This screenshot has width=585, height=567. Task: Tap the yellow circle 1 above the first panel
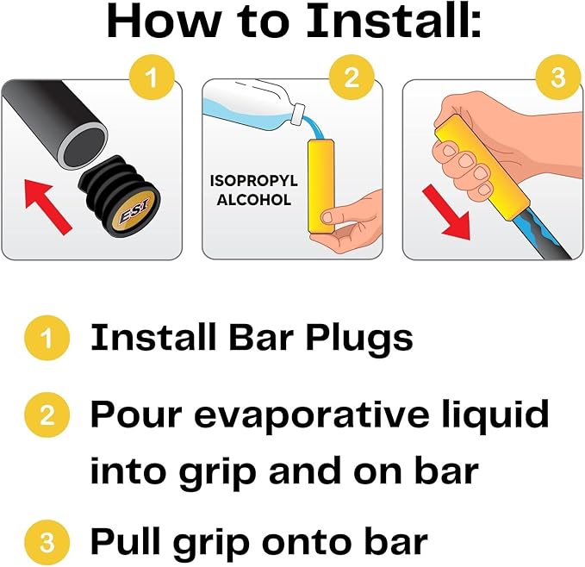click(152, 78)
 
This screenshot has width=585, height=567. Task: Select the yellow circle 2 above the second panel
click(352, 78)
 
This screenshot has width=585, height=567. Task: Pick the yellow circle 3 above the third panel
click(558, 78)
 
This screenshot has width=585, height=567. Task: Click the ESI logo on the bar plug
click(134, 210)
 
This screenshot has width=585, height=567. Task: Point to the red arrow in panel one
click(47, 206)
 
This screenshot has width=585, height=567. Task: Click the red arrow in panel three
click(447, 211)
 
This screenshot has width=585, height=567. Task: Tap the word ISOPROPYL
click(254, 181)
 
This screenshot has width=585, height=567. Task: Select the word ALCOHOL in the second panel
click(254, 200)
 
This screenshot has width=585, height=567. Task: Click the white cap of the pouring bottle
click(298, 111)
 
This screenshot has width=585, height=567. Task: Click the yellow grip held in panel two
click(321, 186)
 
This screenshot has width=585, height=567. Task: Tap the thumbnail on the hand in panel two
click(328, 217)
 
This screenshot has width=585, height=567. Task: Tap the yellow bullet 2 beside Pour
click(47, 414)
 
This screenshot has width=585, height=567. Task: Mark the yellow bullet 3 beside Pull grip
click(47, 542)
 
